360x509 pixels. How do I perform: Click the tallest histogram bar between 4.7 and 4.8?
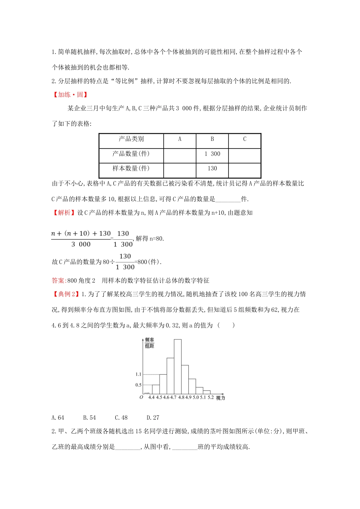point(177,366)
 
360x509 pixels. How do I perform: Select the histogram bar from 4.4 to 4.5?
point(156,389)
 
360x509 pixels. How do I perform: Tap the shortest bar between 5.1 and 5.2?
point(207,392)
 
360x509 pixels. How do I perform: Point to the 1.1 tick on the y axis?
point(138,374)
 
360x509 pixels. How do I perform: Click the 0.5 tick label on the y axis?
point(138,385)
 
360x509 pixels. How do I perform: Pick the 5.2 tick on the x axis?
point(211,398)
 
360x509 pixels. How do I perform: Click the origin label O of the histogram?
point(141,397)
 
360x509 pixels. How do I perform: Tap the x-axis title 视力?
point(221,398)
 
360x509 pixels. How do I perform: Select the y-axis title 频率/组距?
point(150,343)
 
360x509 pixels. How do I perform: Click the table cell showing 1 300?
point(212,154)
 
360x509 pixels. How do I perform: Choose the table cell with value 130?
point(212,169)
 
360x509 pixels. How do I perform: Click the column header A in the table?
point(180,139)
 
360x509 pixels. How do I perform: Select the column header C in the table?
point(245,139)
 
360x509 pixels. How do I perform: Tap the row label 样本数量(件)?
point(131,169)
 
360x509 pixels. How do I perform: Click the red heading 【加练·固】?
point(70,95)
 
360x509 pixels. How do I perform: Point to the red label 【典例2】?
point(66,294)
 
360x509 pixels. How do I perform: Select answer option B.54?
point(89,417)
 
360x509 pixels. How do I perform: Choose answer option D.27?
point(153,417)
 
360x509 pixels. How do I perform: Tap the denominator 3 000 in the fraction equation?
point(81,245)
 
